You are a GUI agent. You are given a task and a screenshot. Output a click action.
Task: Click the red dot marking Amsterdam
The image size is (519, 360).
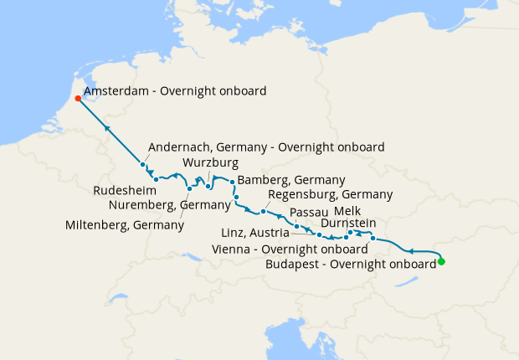point(78,98)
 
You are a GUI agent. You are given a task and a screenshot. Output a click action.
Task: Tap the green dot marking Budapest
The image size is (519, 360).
point(441,262)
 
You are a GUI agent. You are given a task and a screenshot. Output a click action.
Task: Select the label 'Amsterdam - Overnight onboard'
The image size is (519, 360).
point(175,91)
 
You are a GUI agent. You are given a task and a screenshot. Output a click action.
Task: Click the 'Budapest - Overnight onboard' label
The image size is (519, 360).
point(350,263)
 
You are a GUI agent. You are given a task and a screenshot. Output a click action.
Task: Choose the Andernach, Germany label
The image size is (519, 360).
point(265,146)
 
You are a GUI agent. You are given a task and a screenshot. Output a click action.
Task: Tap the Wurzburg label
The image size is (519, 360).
point(211,162)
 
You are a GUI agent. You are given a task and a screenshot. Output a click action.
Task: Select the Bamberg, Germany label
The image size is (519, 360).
point(291,180)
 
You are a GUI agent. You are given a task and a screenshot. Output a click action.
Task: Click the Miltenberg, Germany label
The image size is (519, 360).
point(124,225)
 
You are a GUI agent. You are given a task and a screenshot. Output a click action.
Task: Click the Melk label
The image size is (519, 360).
point(348,211)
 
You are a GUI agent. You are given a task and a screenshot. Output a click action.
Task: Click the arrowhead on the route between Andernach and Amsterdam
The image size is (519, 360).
point(108,128)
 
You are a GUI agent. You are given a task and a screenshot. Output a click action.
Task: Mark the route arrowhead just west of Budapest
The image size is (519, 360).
point(410,249)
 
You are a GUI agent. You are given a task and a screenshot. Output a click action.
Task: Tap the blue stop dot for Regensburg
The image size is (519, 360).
point(263,211)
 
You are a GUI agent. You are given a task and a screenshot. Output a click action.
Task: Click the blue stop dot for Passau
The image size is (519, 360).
point(296,226)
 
